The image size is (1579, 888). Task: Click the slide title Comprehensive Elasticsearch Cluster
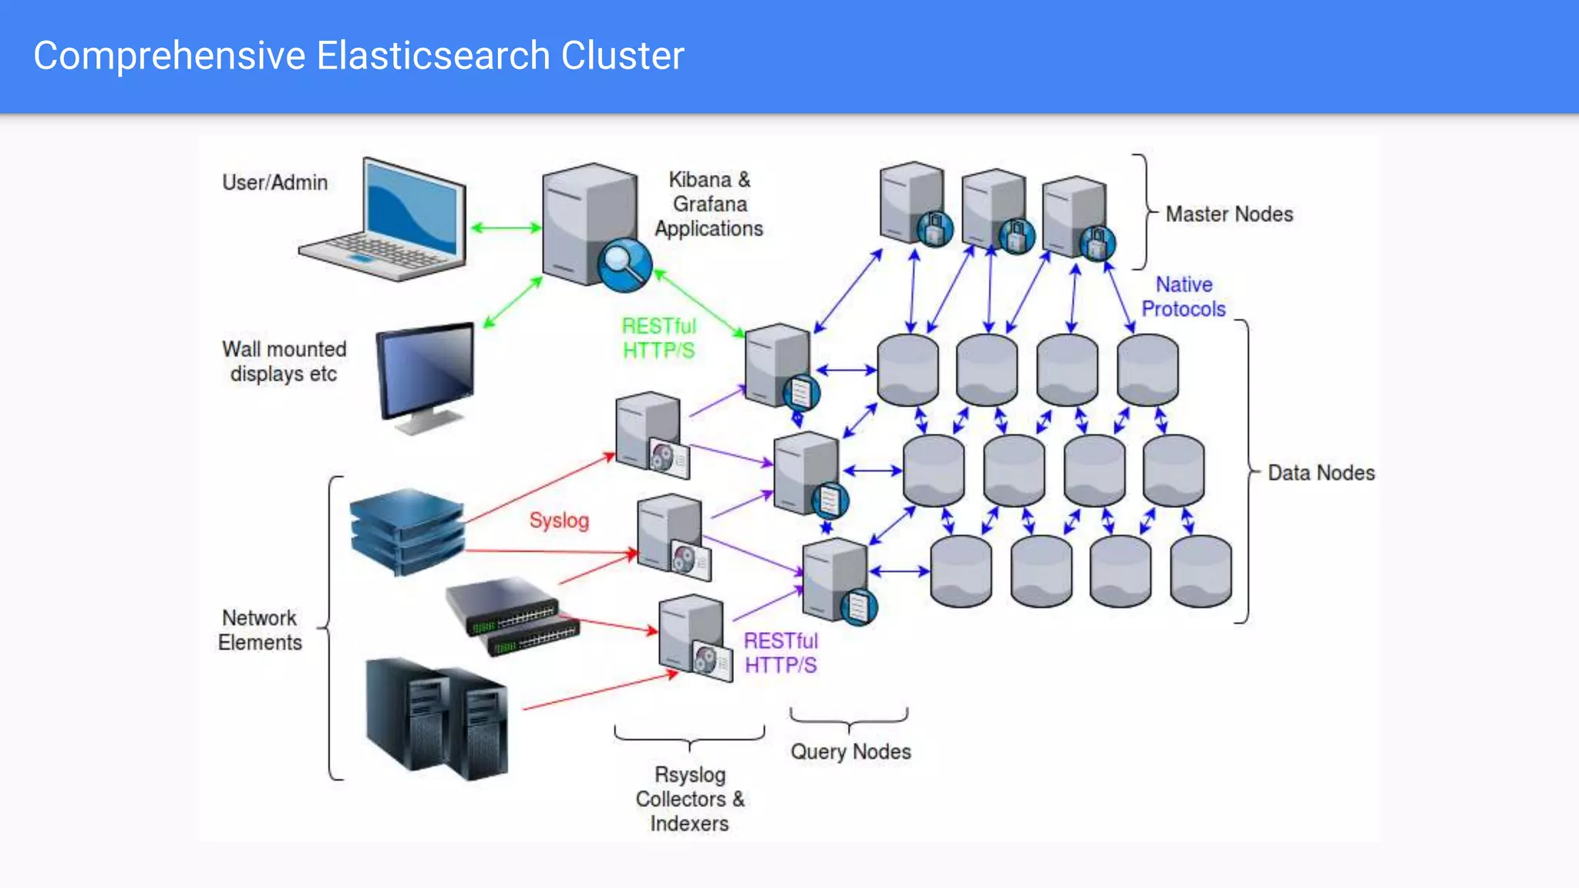coord(359,55)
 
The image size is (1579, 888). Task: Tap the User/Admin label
coord(275,183)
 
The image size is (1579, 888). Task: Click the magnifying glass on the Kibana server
coord(624,264)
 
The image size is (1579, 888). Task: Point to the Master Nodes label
coord(1229,214)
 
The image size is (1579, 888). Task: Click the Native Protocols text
coord(1183,297)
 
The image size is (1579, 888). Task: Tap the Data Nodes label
coord(1321,473)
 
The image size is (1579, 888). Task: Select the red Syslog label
coord(559,520)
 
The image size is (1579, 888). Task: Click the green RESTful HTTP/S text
coord(659,338)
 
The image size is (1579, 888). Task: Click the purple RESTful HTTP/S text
coord(780,653)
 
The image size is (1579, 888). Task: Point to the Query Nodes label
coord(850,752)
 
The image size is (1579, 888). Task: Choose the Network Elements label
coord(260,630)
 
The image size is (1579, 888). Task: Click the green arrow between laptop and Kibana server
coord(506,227)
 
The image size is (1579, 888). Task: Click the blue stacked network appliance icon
coord(407,532)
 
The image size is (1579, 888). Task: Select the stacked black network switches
coord(513,617)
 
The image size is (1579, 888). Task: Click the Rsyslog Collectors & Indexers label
coord(689,799)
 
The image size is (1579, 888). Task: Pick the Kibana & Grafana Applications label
coord(709,204)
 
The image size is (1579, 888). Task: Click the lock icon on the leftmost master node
coord(934,228)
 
